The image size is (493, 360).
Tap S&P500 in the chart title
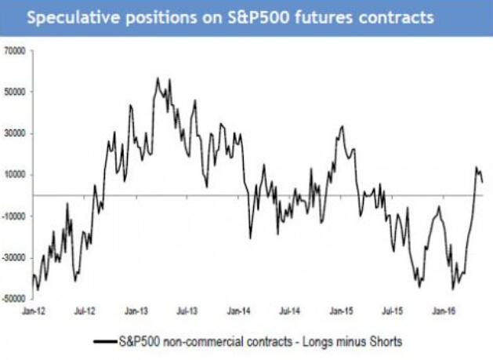[234, 16]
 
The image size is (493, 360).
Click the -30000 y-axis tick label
[15, 257]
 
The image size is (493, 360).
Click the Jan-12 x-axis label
[34, 311]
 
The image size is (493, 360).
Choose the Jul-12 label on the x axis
[85, 311]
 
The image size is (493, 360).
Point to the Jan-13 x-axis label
[137, 311]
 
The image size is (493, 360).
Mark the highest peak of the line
[158, 78]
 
